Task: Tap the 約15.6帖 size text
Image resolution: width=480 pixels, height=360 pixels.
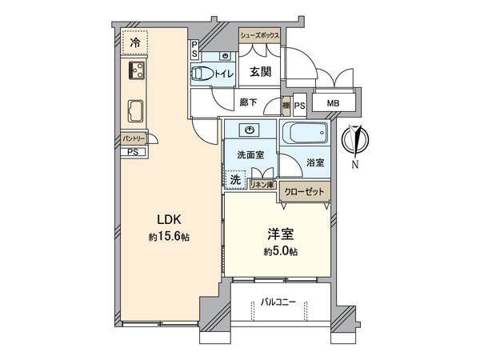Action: (168, 237)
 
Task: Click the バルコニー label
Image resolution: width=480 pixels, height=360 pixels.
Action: (279, 303)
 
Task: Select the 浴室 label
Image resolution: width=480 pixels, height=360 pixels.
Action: (315, 163)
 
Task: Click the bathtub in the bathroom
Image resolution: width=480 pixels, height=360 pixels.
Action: (305, 134)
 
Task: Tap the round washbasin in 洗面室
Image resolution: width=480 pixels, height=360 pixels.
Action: (251, 130)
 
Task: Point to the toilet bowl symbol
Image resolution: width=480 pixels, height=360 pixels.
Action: (202, 74)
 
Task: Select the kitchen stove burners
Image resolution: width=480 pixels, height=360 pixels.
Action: (134, 70)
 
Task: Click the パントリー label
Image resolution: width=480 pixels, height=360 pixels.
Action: (133, 139)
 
